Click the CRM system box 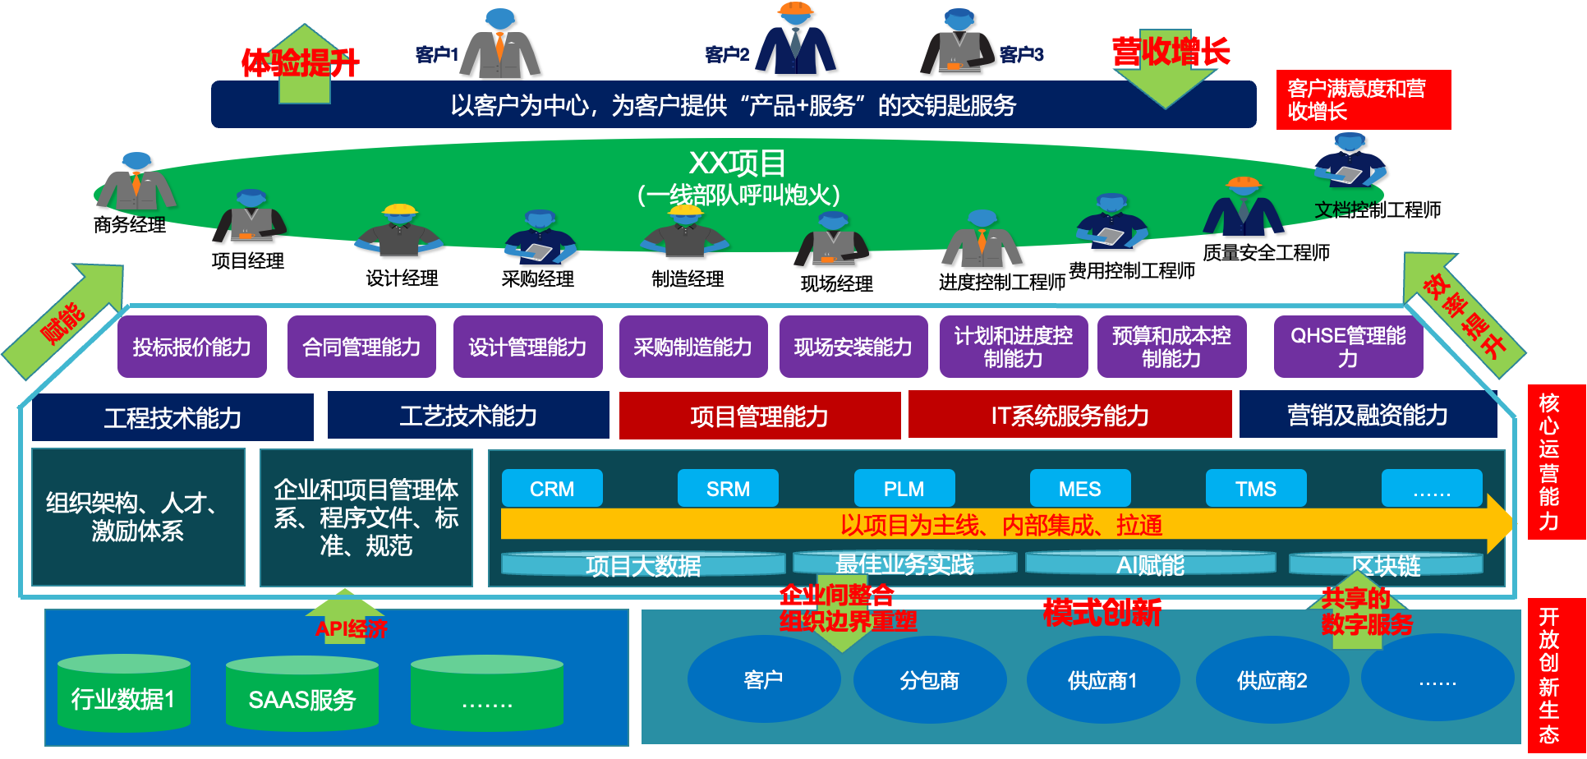552,489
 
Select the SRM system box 728,489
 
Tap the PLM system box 904,489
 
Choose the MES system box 1079,489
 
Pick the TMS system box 1255,489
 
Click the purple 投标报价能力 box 191,347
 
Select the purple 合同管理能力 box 361,347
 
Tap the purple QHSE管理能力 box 1348,347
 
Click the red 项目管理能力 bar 759,416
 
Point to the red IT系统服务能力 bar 1069,415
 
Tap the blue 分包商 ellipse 929,680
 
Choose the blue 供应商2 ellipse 1272,680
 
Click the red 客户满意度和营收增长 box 1363,99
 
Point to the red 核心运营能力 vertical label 1549,462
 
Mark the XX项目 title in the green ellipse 737,163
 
